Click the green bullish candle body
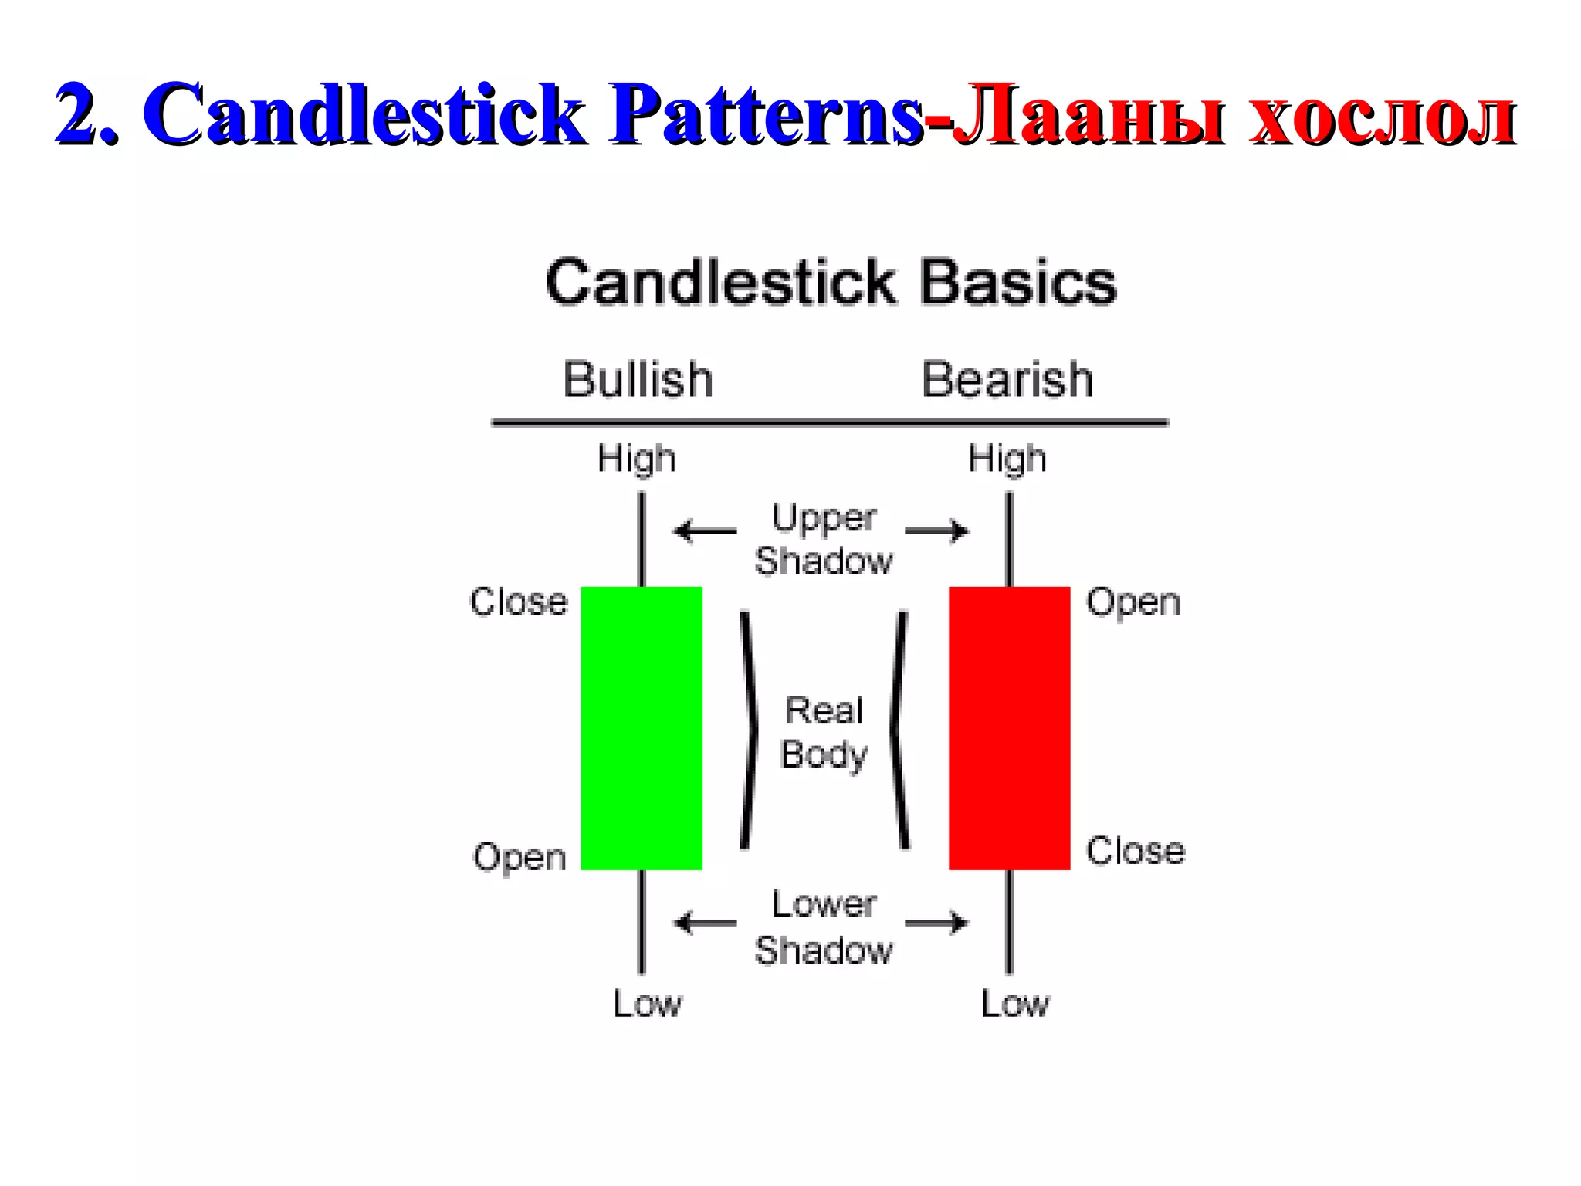click(642, 727)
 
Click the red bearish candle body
click(1009, 727)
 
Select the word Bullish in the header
click(638, 379)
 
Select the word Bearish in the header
click(1007, 379)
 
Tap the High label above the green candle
click(636, 459)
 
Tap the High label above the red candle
click(1007, 459)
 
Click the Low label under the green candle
click(647, 1004)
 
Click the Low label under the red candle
click(1015, 1004)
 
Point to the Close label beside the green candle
click(519, 601)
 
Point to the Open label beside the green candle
click(520, 857)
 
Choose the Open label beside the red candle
click(1133, 601)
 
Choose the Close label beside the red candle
click(1136, 851)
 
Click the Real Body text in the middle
click(824, 732)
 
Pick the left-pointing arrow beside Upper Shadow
click(705, 531)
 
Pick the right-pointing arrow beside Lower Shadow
click(936, 922)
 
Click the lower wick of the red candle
click(1009, 922)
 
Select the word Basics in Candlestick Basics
click(1018, 283)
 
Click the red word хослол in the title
click(1383, 116)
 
